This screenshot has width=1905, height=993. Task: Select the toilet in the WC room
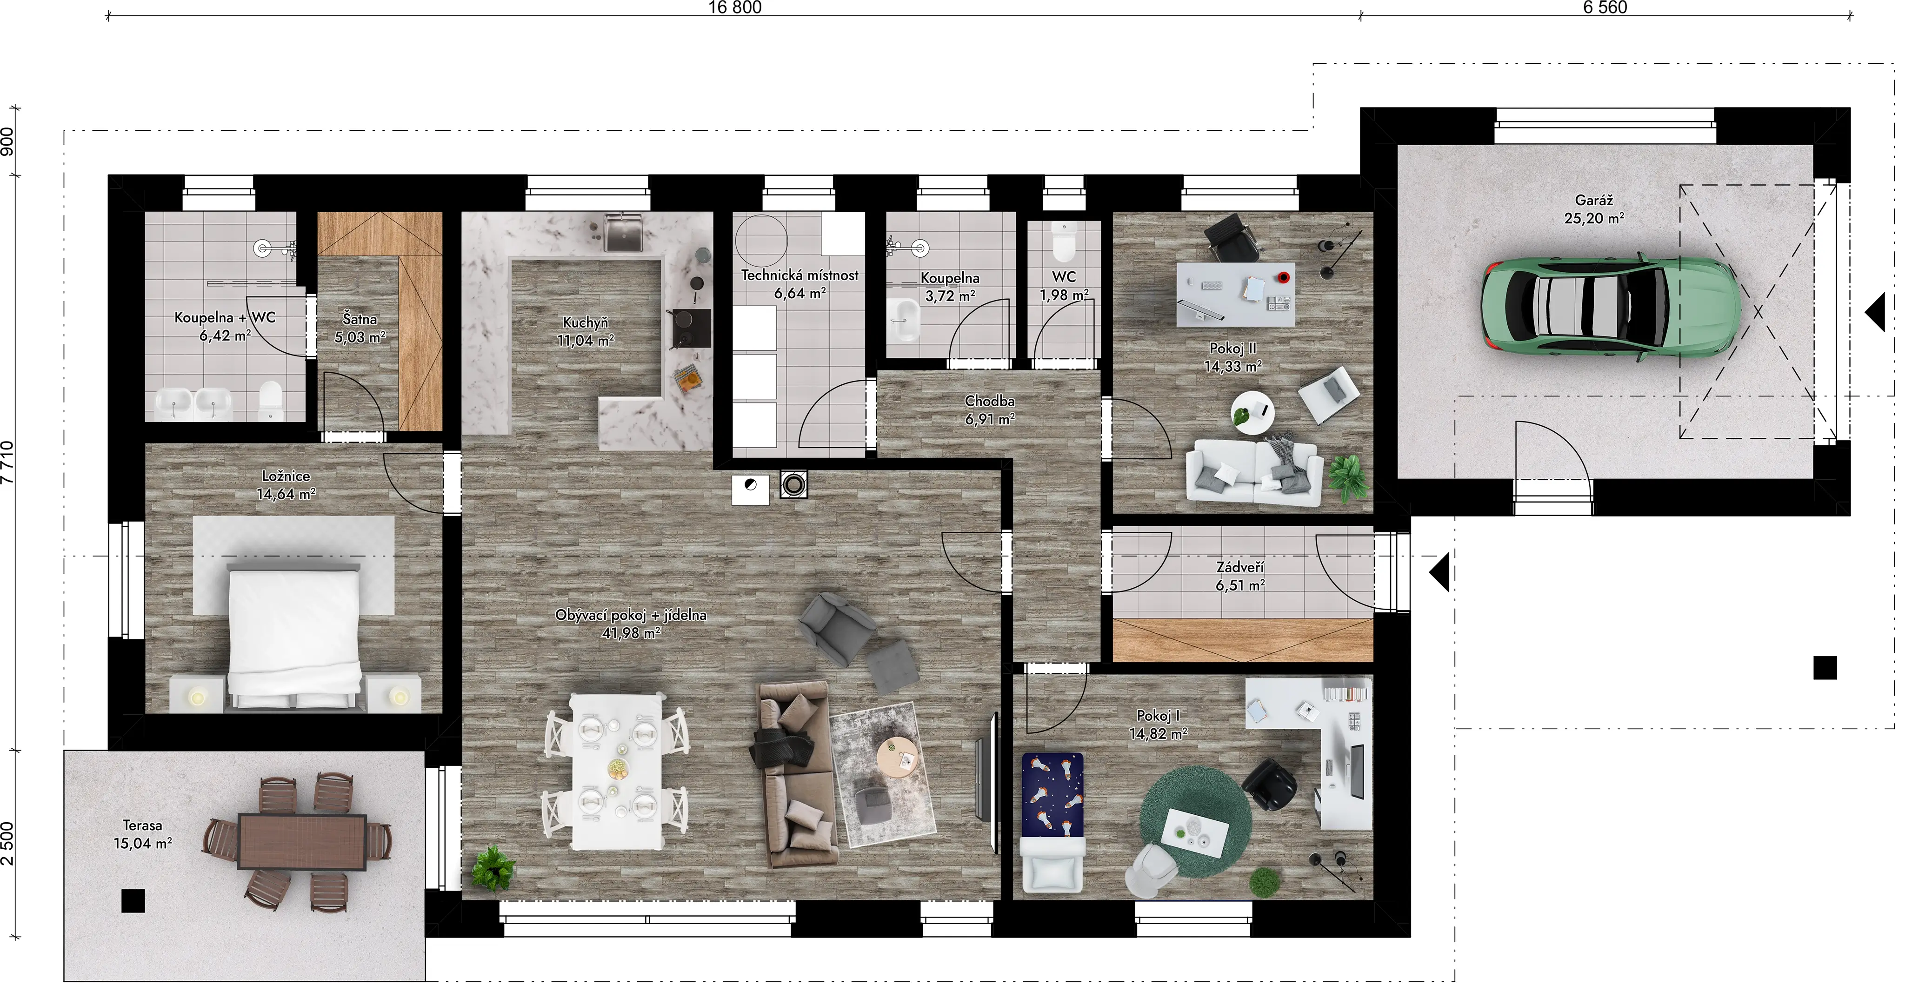1064,242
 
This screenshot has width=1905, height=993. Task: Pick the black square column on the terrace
133,900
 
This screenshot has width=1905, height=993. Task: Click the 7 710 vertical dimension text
7,463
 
